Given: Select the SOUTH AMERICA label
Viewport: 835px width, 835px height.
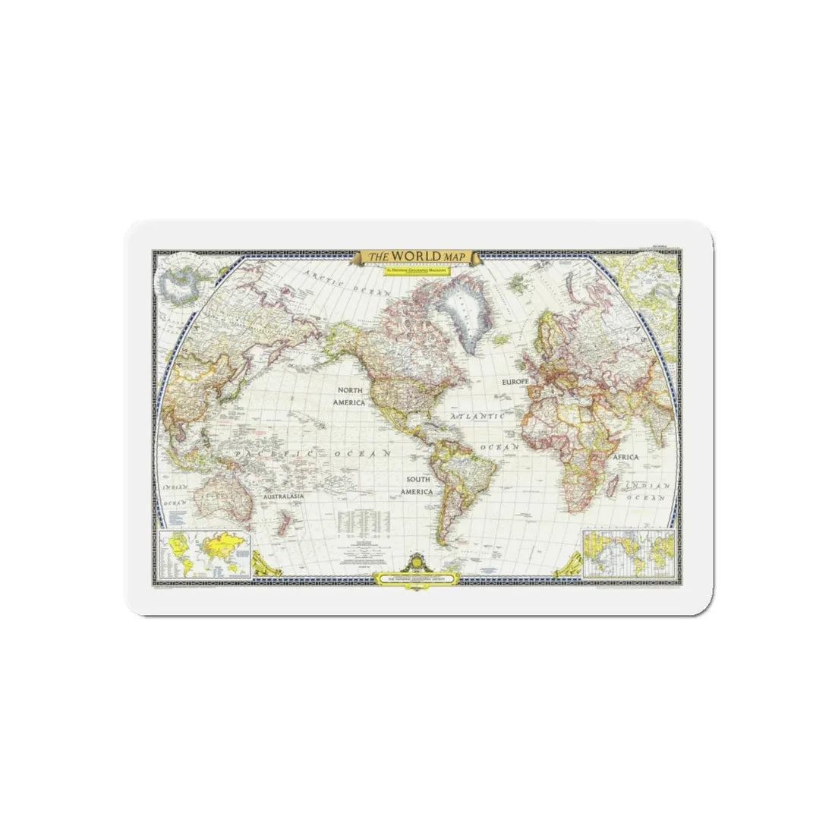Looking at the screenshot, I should click(418, 486).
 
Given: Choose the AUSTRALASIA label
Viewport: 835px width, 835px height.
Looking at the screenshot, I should click(284, 496).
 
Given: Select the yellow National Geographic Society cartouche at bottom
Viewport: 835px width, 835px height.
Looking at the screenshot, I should click(417, 578).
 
